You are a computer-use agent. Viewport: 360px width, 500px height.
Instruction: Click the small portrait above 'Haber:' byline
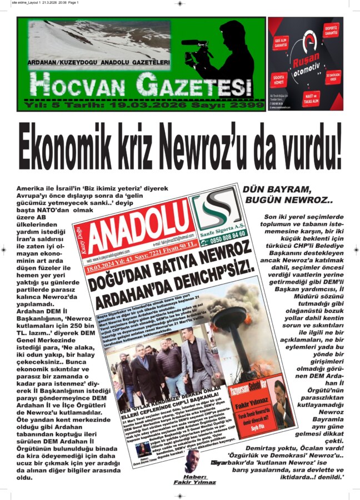[192, 461]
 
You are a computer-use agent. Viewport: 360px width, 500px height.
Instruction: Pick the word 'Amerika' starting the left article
[33, 189]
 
